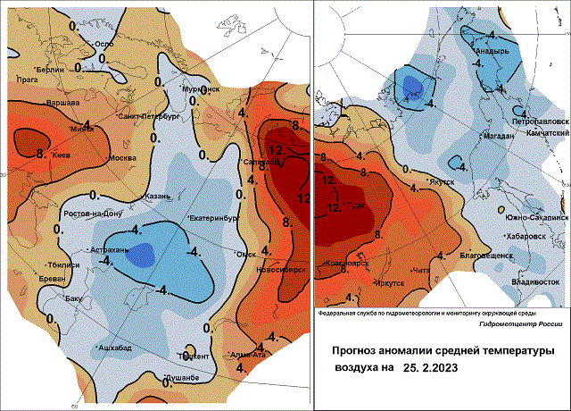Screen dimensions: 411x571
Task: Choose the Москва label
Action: [x=121, y=158]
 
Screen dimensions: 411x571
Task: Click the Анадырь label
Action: [x=491, y=52]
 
